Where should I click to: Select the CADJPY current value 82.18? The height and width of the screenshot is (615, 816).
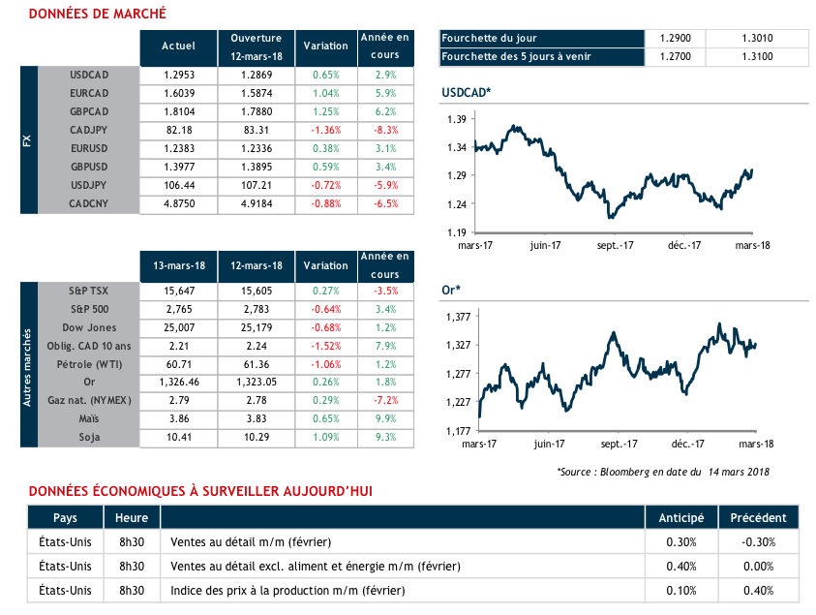tap(179, 131)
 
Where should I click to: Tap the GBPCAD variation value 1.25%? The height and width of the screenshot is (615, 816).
tap(325, 112)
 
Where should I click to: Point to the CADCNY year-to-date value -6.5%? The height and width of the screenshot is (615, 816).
tap(384, 204)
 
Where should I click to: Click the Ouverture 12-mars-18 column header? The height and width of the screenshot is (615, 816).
tap(256, 46)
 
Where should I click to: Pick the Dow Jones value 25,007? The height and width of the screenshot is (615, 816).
tap(179, 327)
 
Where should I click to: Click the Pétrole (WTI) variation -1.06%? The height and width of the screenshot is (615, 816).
tap(325, 363)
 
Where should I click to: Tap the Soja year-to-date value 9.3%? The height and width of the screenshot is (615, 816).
tap(384, 437)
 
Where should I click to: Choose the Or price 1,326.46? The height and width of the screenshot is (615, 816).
tap(179, 382)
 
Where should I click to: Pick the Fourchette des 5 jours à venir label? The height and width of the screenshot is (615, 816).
tap(515, 56)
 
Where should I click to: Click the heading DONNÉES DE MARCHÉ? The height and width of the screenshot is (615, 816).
tap(97, 14)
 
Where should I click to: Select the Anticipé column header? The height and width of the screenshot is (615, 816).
tap(681, 516)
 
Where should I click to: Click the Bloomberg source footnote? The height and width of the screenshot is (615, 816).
tap(662, 471)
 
